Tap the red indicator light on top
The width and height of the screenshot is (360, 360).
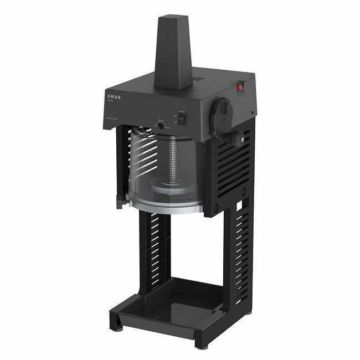[240, 87]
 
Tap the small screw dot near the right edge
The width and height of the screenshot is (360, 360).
[253, 112]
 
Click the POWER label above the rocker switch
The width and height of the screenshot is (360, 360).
[182, 112]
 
